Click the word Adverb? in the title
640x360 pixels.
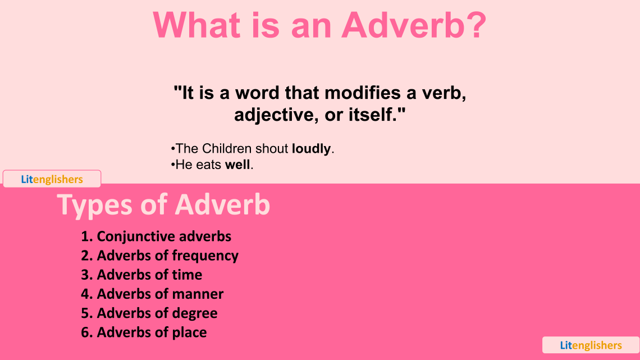[414, 25]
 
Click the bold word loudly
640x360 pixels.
[311, 149]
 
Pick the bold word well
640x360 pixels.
[238, 165]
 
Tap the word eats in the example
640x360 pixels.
[209, 165]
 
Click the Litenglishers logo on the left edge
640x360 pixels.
[52, 179]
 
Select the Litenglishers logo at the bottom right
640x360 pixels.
[591, 345]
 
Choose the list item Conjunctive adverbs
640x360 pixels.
[156, 236]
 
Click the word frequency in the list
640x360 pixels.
[205, 256]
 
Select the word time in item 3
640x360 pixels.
[187, 275]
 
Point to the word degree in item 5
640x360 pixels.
[195, 313]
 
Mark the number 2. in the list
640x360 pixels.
[86, 256]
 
